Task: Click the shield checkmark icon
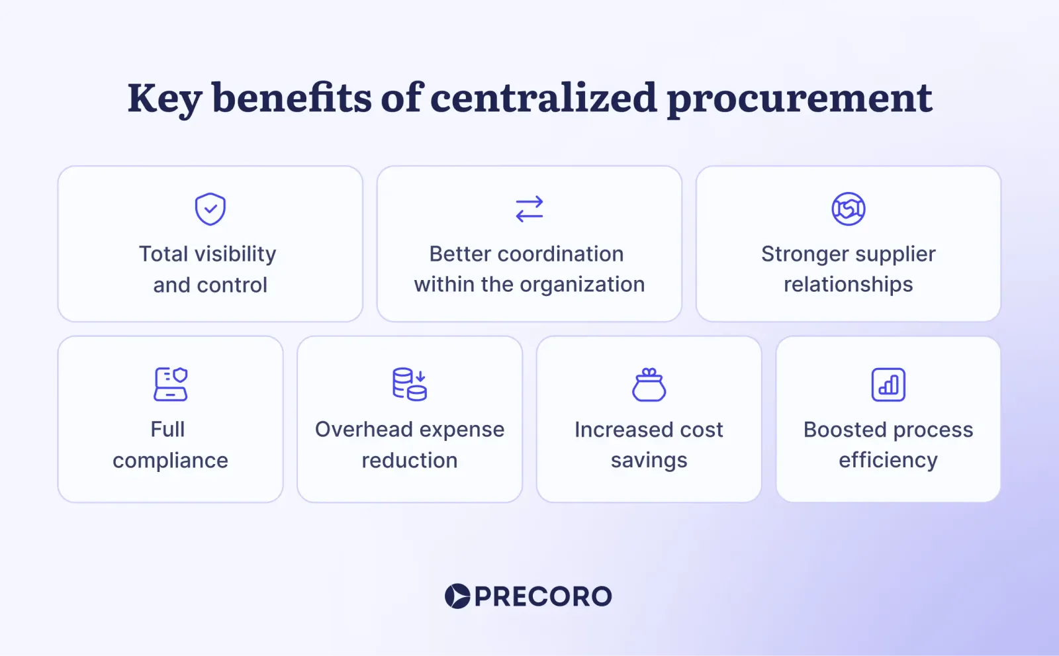(210, 209)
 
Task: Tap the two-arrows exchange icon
(529, 209)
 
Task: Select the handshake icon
(848, 209)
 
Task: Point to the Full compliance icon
(171, 385)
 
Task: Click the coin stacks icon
(410, 385)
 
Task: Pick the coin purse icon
(649, 385)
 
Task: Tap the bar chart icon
(888, 385)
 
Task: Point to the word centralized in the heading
(543, 98)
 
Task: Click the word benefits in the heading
(291, 98)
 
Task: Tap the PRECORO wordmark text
(543, 596)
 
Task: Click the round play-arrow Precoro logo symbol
(457, 596)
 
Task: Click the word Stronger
(805, 254)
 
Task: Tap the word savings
(649, 461)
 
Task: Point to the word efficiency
(888, 461)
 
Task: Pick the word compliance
(171, 461)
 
